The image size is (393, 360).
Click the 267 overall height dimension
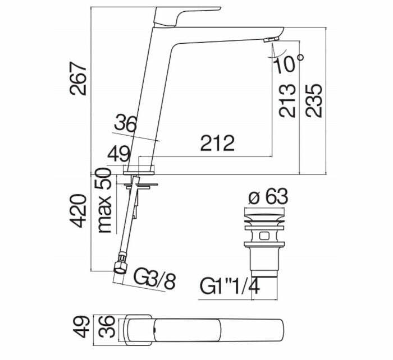click(79, 79)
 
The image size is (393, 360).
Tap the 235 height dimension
click(313, 100)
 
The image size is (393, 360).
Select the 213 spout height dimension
click(287, 100)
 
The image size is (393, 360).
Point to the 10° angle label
click(289, 63)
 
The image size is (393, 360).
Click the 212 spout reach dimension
click(217, 143)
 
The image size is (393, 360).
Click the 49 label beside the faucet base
click(119, 154)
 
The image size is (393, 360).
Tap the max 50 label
click(104, 200)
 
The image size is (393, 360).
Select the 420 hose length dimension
click(79, 211)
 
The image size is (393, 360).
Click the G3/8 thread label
click(154, 278)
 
